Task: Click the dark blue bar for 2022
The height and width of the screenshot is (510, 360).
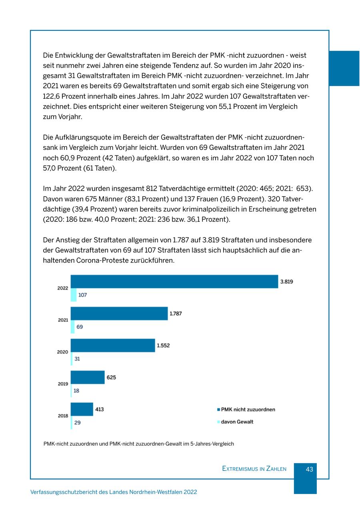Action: (x=174, y=281)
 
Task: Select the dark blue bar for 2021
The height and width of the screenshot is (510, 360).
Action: (x=119, y=313)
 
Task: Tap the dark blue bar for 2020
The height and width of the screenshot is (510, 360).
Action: (x=113, y=345)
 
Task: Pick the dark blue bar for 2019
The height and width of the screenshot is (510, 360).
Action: (x=88, y=377)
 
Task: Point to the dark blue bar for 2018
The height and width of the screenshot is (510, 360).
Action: (x=82, y=409)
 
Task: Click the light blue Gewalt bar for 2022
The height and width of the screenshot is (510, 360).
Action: (x=74, y=295)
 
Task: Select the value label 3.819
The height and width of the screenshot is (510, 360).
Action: (x=286, y=281)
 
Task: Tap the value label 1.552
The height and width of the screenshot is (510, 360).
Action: (x=163, y=345)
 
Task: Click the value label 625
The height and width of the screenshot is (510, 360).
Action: (x=111, y=377)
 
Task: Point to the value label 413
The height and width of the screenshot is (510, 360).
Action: (x=100, y=409)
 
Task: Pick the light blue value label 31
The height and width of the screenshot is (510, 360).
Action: (x=77, y=359)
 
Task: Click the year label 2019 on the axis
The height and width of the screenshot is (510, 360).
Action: (x=63, y=384)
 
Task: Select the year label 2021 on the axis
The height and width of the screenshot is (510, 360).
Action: (x=63, y=320)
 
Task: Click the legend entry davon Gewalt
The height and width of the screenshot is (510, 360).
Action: (x=237, y=422)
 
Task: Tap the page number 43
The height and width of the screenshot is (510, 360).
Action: (x=309, y=470)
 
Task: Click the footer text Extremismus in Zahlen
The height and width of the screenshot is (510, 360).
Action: (x=254, y=469)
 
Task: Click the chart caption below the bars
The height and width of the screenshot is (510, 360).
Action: (x=138, y=444)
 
